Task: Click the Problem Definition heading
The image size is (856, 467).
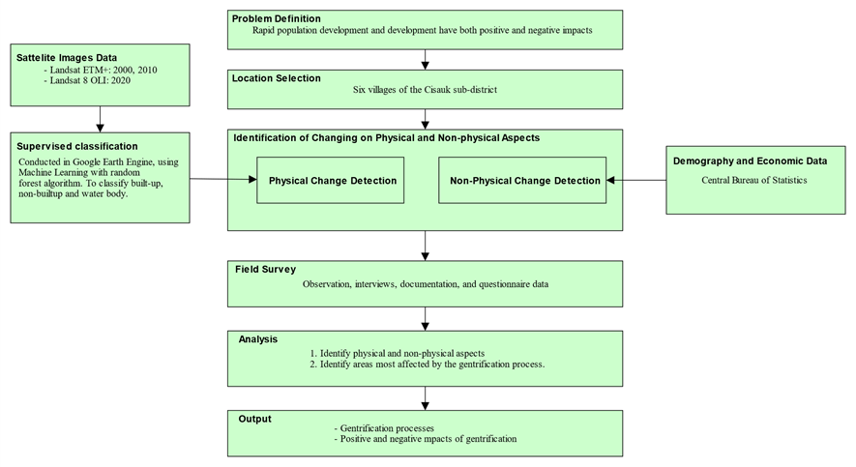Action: (277, 18)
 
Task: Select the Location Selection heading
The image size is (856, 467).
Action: (277, 77)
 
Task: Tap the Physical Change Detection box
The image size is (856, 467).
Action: (331, 181)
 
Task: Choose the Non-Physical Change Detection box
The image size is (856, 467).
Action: (521, 181)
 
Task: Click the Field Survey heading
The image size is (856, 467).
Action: (265, 269)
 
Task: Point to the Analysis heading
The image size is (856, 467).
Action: (258, 339)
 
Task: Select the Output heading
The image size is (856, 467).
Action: (255, 419)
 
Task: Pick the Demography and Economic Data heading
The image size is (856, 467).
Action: (750, 161)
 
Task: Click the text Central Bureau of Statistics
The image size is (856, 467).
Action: (754, 179)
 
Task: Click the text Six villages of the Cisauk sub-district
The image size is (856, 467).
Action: (425, 90)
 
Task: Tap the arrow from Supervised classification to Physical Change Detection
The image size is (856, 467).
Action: (222, 179)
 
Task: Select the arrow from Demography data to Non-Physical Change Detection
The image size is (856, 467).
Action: (636, 180)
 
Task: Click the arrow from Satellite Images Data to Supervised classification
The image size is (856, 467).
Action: (100, 119)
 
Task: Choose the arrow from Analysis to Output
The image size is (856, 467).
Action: (426, 397)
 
